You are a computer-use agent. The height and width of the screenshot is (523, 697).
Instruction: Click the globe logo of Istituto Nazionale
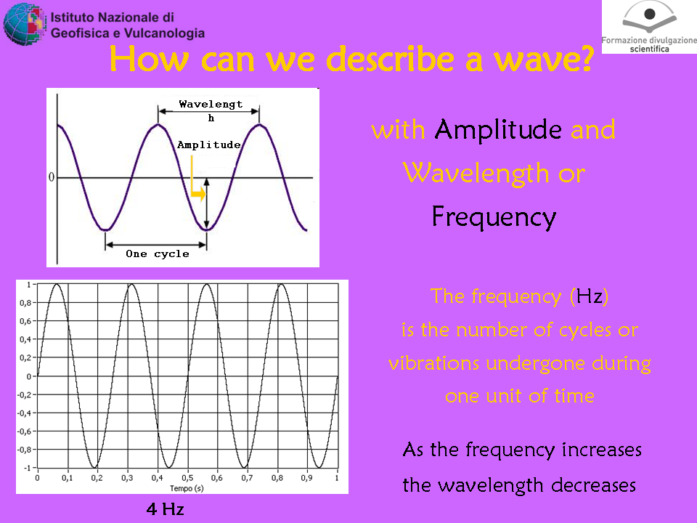25,24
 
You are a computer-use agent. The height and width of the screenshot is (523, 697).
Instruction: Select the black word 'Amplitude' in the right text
498,130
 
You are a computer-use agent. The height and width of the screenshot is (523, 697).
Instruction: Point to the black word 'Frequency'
494,217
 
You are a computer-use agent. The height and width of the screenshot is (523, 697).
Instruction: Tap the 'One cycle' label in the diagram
158,254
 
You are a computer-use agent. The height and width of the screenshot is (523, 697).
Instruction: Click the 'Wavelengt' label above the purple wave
211,104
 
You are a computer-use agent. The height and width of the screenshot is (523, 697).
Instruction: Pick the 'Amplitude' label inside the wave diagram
209,145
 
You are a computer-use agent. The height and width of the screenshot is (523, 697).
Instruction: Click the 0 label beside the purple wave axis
51,177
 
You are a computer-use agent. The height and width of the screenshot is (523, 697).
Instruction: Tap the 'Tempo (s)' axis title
187,488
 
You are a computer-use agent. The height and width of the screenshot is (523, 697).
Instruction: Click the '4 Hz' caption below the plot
165,509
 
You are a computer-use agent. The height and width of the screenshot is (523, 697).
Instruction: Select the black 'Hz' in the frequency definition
590,296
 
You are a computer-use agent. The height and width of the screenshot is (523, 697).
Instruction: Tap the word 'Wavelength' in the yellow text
476,174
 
